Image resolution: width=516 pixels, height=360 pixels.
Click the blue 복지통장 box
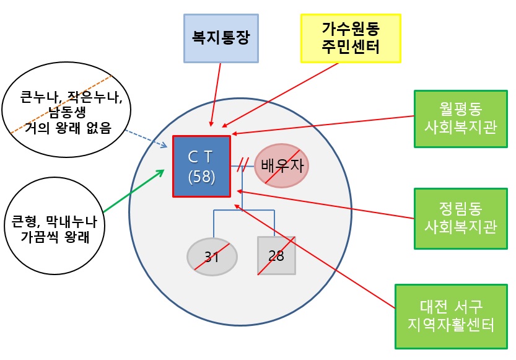[x=221, y=38]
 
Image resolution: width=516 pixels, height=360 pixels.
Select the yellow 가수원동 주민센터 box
[x=351, y=37]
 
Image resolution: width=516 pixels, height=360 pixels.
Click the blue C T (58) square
[x=201, y=166]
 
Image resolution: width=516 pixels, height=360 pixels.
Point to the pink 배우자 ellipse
[x=281, y=166]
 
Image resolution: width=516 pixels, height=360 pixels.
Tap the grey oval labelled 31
[x=212, y=256]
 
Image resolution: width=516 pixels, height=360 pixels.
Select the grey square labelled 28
[x=276, y=255]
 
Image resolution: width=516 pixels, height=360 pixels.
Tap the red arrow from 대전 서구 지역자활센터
[x=316, y=257]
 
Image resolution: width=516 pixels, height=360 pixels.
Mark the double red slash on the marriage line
[x=243, y=166]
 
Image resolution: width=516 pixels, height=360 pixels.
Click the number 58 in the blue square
[x=201, y=177]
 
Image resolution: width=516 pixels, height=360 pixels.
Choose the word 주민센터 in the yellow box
[x=351, y=46]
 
